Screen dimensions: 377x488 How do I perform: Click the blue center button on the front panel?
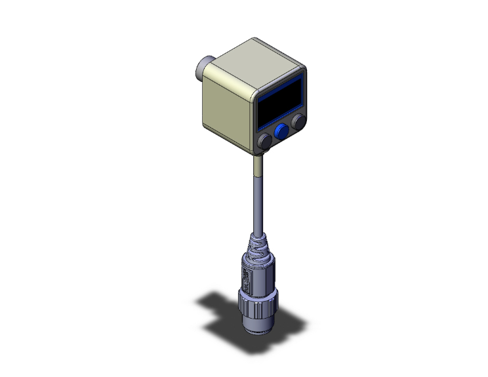282,132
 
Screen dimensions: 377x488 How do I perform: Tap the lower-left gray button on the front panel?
265,140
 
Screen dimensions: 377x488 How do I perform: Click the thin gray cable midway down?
256,203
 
